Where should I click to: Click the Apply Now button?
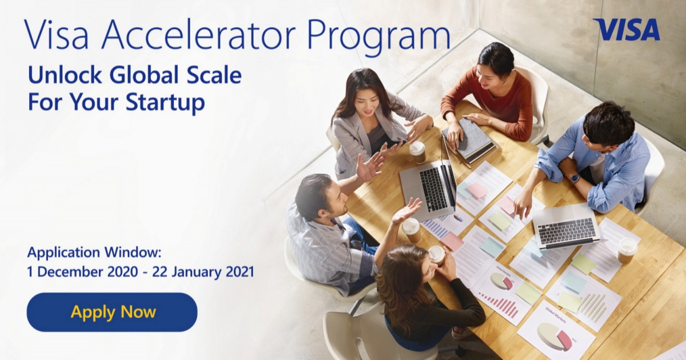point(112,312)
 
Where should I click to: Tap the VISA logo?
point(626,30)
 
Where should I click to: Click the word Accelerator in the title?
point(201,35)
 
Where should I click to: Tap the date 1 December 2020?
point(83,271)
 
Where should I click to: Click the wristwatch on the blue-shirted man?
point(575,178)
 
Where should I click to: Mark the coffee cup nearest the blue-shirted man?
point(627,250)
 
